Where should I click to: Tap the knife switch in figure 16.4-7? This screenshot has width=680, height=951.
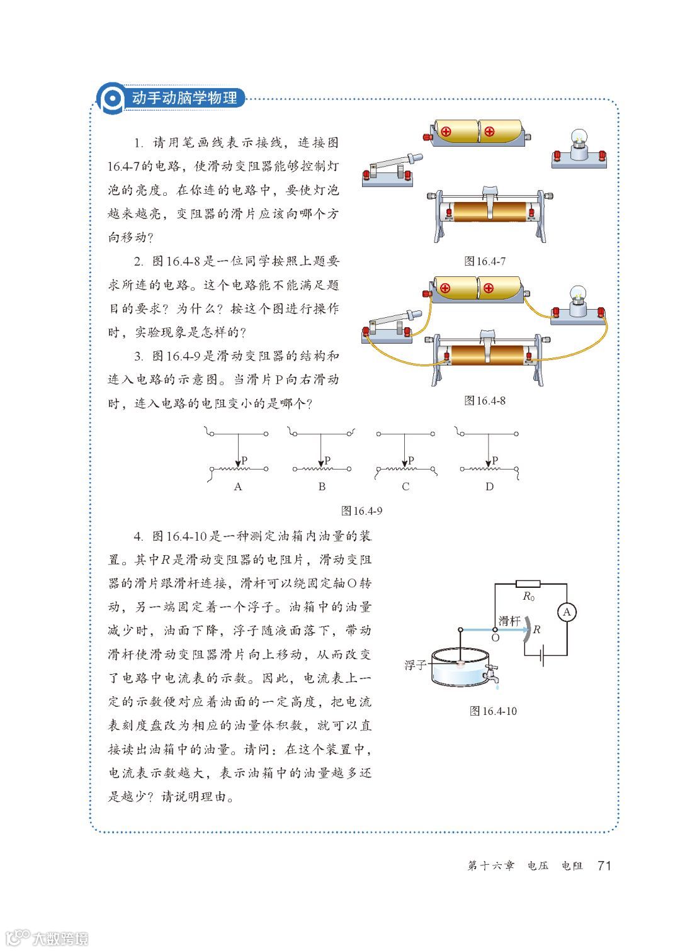tap(387, 171)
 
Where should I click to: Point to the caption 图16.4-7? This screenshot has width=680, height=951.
tap(484, 261)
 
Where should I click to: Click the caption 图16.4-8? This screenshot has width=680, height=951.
tap(484, 400)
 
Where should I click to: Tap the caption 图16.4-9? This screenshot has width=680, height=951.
tap(361, 510)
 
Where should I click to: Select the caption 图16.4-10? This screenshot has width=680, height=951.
tap(493, 711)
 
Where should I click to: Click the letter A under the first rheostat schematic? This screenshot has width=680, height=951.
tap(237, 487)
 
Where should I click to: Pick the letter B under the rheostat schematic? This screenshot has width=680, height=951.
tap(322, 487)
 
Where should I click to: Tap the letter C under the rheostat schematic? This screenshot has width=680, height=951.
tap(405, 487)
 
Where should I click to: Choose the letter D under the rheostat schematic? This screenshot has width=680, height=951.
tap(489, 487)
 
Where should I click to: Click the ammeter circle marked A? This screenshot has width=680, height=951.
tap(567, 612)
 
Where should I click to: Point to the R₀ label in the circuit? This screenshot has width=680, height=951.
tap(528, 597)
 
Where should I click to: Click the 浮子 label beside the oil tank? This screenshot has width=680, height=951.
tap(416, 665)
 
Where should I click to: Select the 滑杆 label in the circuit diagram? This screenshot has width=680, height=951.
tap(509, 621)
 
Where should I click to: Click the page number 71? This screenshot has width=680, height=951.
tap(604, 865)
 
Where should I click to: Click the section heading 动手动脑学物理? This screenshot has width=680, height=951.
tap(184, 98)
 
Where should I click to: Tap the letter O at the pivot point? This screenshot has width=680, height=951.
tap(495, 638)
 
